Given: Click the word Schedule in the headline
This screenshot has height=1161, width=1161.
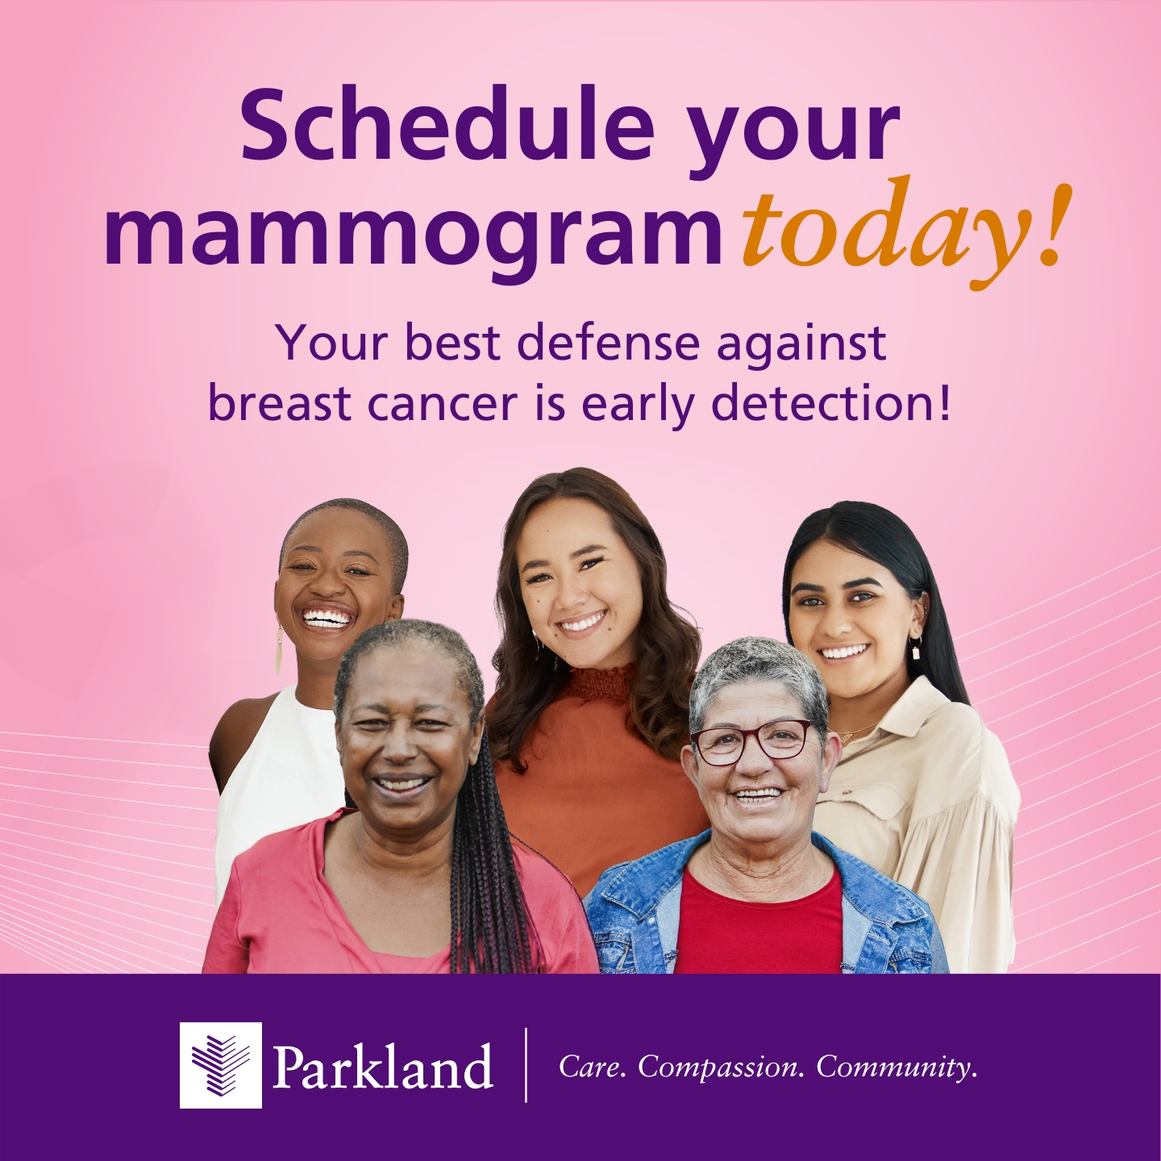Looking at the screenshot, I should [x=447, y=126].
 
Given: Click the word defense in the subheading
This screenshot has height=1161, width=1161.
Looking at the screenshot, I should [x=609, y=343].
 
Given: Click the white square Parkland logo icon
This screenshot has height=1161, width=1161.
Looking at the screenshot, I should [x=220, y=1065].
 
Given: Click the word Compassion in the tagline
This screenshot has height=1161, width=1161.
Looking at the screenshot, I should [x=721, y=1067].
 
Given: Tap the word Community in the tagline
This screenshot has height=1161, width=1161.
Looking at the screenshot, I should [x=896, y=1067].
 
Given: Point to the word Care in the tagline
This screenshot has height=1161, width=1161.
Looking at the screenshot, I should [x=592, y=1067].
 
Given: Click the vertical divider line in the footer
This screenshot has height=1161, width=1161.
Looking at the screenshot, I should [x=526, y=1065].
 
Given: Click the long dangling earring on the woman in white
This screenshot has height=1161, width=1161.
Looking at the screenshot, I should [x=279, y=650].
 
